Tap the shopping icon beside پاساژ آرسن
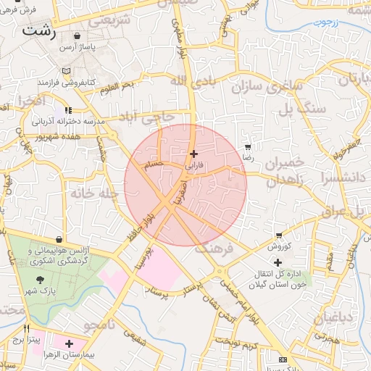pyautogui.click(x=77, y=36)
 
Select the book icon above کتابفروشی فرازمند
pyautogui.click(x=68, y=71)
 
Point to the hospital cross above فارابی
pyautogui.click(x=193, y=154)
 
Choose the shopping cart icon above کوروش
pyautogui.click(x=279, y=235)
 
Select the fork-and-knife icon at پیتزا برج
pyautogui.click(x=28, y=328)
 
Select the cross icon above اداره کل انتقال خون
pyautogui.click(x=278, y=262)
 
